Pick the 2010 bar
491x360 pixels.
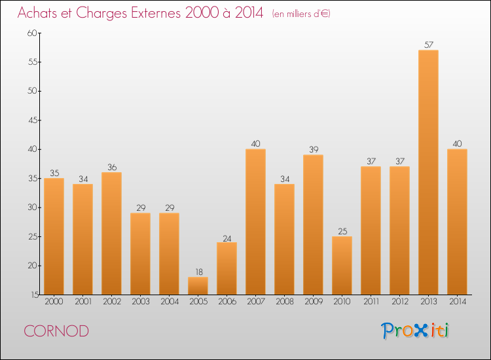click(x=342, y=265)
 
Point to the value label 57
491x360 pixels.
click(x=428, y=45)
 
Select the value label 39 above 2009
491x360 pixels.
click(x=313, y=150)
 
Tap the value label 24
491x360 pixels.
click(x=227, y=238)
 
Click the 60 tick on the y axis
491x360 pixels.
click(x=32, y=33)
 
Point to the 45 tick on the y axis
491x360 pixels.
click(x=32, y=120)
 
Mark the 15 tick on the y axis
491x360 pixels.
click(x=32, y=295)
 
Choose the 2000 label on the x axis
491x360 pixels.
click(x=54, y=302)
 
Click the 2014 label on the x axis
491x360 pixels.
click(x=457, y=302)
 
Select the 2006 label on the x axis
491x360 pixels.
click(x=227, y=302)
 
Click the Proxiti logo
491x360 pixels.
click(x=415, y=331)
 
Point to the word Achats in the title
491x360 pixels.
click(x=40, y=13)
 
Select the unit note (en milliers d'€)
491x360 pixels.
click(x=301, y=14)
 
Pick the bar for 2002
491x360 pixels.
click(x=111, y=233)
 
